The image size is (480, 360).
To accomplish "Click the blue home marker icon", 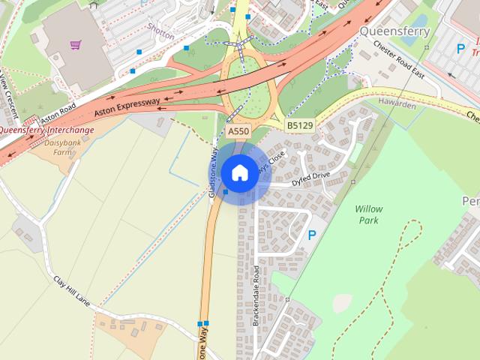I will (x=239, y=173).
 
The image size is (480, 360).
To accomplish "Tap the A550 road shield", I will (x=238, y=131).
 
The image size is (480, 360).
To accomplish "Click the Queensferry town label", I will (x=394, y=31).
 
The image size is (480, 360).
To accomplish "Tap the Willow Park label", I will (x=368, y=214).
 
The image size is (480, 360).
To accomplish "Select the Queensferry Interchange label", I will (x=46, y=130).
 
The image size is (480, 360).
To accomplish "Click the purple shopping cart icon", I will (x=75, y=45).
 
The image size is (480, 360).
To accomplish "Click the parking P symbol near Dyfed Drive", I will (x=312, y=235).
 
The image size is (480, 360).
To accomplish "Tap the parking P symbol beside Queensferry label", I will (x=461, y=49).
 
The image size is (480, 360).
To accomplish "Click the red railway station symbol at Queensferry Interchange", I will (x=30, y=121).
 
